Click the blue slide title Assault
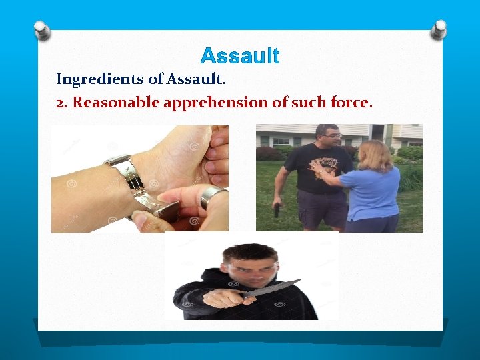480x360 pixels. pyautogui.click(x=239, y=55)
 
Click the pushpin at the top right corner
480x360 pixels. pyautogui.click(x=438, y=28)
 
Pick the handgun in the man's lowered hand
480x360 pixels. pyautogui.click(x=277, y=209)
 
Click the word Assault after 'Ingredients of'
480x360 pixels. pyautogui.click(x=196, y=79)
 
